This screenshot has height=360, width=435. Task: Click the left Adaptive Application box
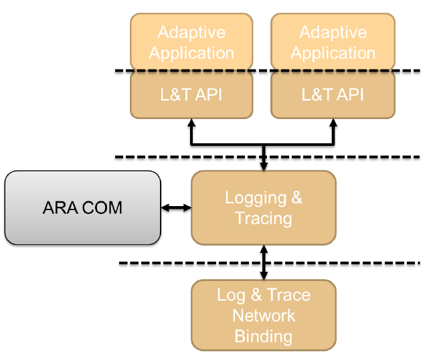coord(191,41)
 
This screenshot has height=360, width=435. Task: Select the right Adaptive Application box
coord(333,41)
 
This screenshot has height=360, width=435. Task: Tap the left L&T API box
coord(191,95)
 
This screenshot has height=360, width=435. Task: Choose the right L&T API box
coord(333,95)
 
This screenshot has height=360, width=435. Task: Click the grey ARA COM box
coord(83,207)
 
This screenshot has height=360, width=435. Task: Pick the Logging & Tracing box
coord(264,207)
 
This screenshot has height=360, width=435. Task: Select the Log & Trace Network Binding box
coord(264,315)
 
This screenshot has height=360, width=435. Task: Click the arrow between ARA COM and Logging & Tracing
coord(176,207)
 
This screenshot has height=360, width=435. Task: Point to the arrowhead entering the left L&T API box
coord(191,123)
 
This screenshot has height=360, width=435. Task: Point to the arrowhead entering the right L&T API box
coord(333,123)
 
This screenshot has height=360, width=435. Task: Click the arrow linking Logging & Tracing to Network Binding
coord(264,262)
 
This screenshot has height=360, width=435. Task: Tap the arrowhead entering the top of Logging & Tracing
coord(264,167)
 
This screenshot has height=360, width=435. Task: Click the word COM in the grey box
coord(102,207)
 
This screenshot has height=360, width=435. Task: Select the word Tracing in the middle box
coord(264,219)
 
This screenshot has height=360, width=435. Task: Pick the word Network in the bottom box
coord(264,315)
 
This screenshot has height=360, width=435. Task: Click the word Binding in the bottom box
coord(264,337)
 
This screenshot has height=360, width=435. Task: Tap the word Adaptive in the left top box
coord(191,32)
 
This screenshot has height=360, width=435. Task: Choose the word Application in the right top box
coord(333,54)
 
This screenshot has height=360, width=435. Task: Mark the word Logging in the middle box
coord(256,198)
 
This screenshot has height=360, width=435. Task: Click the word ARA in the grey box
coord(60,207)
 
